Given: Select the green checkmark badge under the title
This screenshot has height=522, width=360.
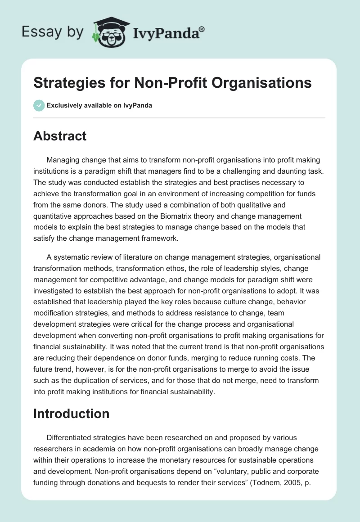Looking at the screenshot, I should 39,105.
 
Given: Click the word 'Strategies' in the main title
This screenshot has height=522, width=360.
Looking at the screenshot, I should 65,83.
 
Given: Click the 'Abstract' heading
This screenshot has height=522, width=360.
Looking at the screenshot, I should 60,136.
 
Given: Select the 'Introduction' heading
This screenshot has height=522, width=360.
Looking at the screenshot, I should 71,414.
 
